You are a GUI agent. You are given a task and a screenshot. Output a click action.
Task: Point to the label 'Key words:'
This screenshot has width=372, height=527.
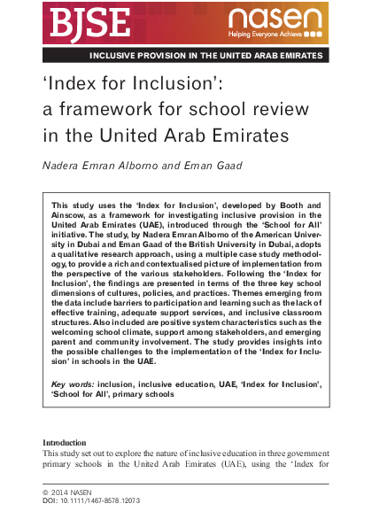74,385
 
